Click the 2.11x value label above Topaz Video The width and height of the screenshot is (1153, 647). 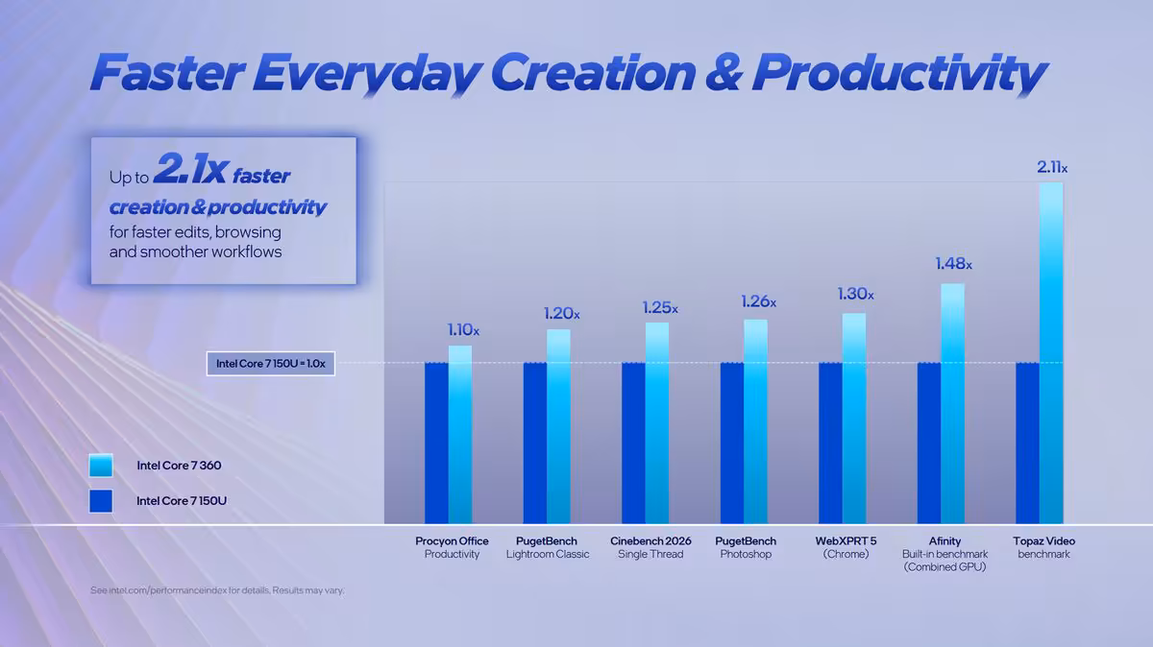click(x=1051, y=168)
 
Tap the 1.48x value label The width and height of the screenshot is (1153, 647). click(x=953, y=264)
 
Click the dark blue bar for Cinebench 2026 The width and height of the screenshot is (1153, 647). click(x=633, y=443)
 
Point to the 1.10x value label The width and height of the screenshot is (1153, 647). click(x=462, y=330)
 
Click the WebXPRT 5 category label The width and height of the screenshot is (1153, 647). click(x=846, y=541)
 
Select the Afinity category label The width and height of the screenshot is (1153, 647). click(x=944, y=541)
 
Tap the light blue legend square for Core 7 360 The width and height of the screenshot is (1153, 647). click(x=100, y=466)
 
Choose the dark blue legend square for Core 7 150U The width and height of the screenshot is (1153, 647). click(x=100, y=500)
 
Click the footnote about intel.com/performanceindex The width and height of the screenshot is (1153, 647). click(x=216, y=590)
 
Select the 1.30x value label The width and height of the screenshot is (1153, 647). click(x=855, y=295)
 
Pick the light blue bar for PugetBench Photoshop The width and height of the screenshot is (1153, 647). click(x=755, y=421)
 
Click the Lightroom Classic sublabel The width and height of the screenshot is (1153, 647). click(x=548, y=555)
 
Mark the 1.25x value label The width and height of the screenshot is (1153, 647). click(x=659, y=308)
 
